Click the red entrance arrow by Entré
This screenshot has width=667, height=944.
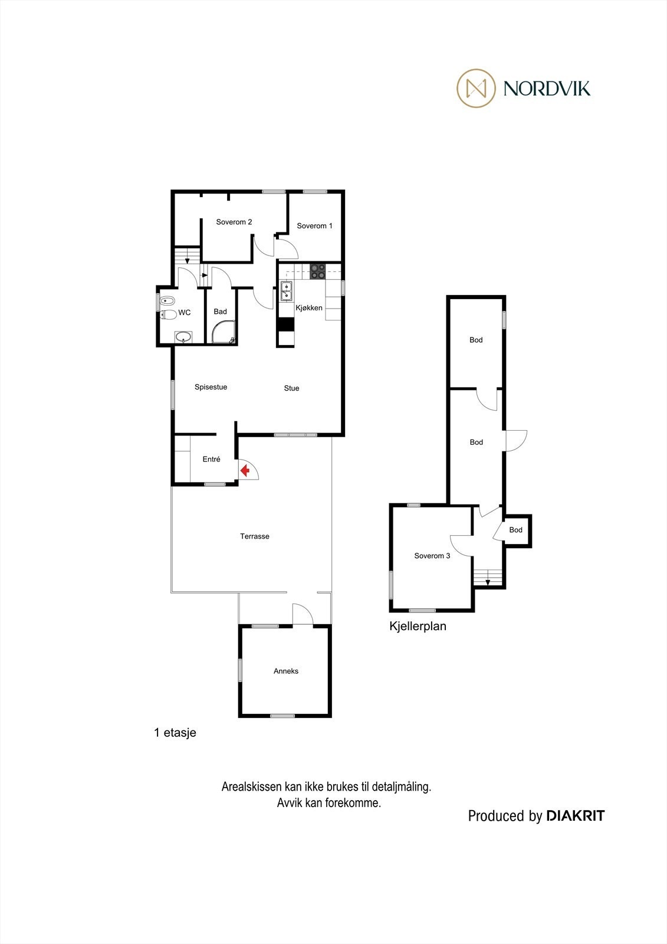(x=245, y=471)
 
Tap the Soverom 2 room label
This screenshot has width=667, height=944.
(x=234, y=222)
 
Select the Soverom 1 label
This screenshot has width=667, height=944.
(x=314, y=226)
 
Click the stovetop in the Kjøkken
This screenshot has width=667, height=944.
(x=318, y=271)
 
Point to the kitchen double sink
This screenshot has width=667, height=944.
(x=287, y=291)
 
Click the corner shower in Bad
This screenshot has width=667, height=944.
(x=224, y=332)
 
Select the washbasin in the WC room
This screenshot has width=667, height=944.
(x=183, y=337)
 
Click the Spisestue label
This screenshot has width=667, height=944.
(x=211, y=387)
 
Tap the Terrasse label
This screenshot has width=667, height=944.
(x=255, y=536)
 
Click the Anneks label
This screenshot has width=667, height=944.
(x=286, y=671)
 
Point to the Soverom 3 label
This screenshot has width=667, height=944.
(x=432, y=556)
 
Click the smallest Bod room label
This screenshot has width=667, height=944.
(x=516, y=530)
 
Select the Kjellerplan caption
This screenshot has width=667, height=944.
(x=418, y=627)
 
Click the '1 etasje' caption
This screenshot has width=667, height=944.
(x=175, y=733)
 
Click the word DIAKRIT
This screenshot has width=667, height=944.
(x=576, y=816)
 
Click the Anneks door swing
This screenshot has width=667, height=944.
(x=303, y=614)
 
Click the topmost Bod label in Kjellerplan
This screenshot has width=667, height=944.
(x=476, y=340)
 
